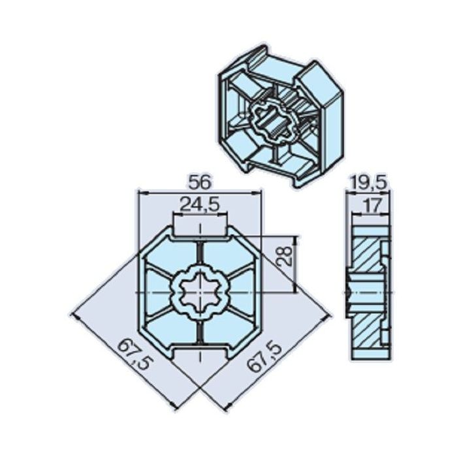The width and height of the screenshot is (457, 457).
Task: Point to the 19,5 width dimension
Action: coord(368,182)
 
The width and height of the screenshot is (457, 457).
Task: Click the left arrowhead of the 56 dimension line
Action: coord(140,193)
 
